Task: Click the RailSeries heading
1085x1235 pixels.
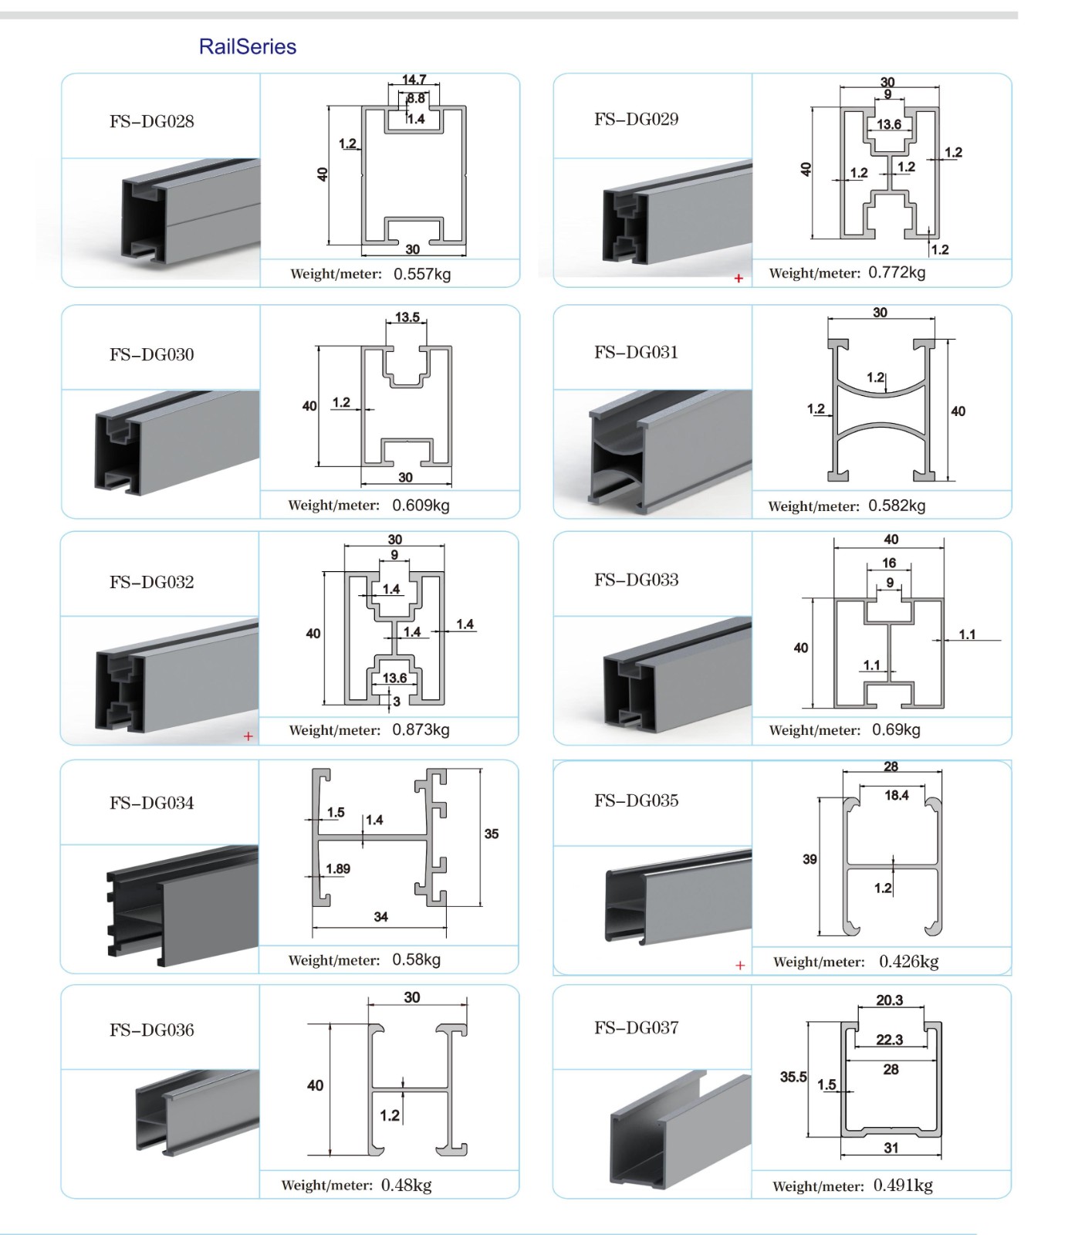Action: [247, 46]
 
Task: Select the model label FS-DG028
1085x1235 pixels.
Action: [152, 121]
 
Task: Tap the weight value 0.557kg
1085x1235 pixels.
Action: [422, 274]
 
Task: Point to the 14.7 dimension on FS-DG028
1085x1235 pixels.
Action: [414, 80]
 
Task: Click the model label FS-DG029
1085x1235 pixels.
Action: [636, 119]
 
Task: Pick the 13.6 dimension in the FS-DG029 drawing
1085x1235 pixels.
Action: [888, 124]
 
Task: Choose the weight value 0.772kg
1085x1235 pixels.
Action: [897, 272]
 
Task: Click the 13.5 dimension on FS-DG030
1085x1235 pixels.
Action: [407, 317]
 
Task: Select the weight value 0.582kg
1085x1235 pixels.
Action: [897, 506]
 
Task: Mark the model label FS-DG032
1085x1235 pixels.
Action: [152, 582]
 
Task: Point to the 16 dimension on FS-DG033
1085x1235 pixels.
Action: [889, 563]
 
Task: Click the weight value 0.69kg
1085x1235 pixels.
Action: [896, 729]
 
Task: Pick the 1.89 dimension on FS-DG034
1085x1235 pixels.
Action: [338, 868]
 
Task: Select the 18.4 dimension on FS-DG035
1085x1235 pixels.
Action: [896, 795]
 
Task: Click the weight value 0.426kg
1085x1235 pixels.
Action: [908, 961]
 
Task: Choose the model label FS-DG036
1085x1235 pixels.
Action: [152, 1030]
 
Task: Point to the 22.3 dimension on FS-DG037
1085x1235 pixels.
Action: [889, 1040]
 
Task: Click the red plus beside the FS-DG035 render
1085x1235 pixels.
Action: [740, 965]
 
